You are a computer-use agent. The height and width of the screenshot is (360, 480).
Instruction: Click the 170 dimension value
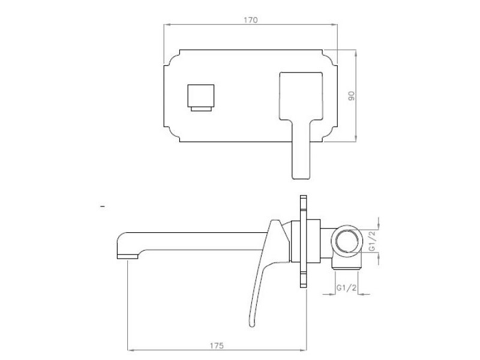[x=250, y=20]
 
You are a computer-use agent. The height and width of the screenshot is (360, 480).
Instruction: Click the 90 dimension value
[x=352, y=96]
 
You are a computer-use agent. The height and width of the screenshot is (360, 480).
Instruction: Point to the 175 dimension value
[x=217, y=346]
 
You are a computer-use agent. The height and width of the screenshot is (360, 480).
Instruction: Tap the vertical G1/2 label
[x=371, y=241]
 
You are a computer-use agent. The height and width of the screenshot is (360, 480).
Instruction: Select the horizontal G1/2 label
[x=347, y=288]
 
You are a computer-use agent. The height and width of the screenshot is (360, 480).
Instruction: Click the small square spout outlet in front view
[x=201, y=98]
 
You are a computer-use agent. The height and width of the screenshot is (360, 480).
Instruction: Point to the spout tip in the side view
[x=128, y=257]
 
